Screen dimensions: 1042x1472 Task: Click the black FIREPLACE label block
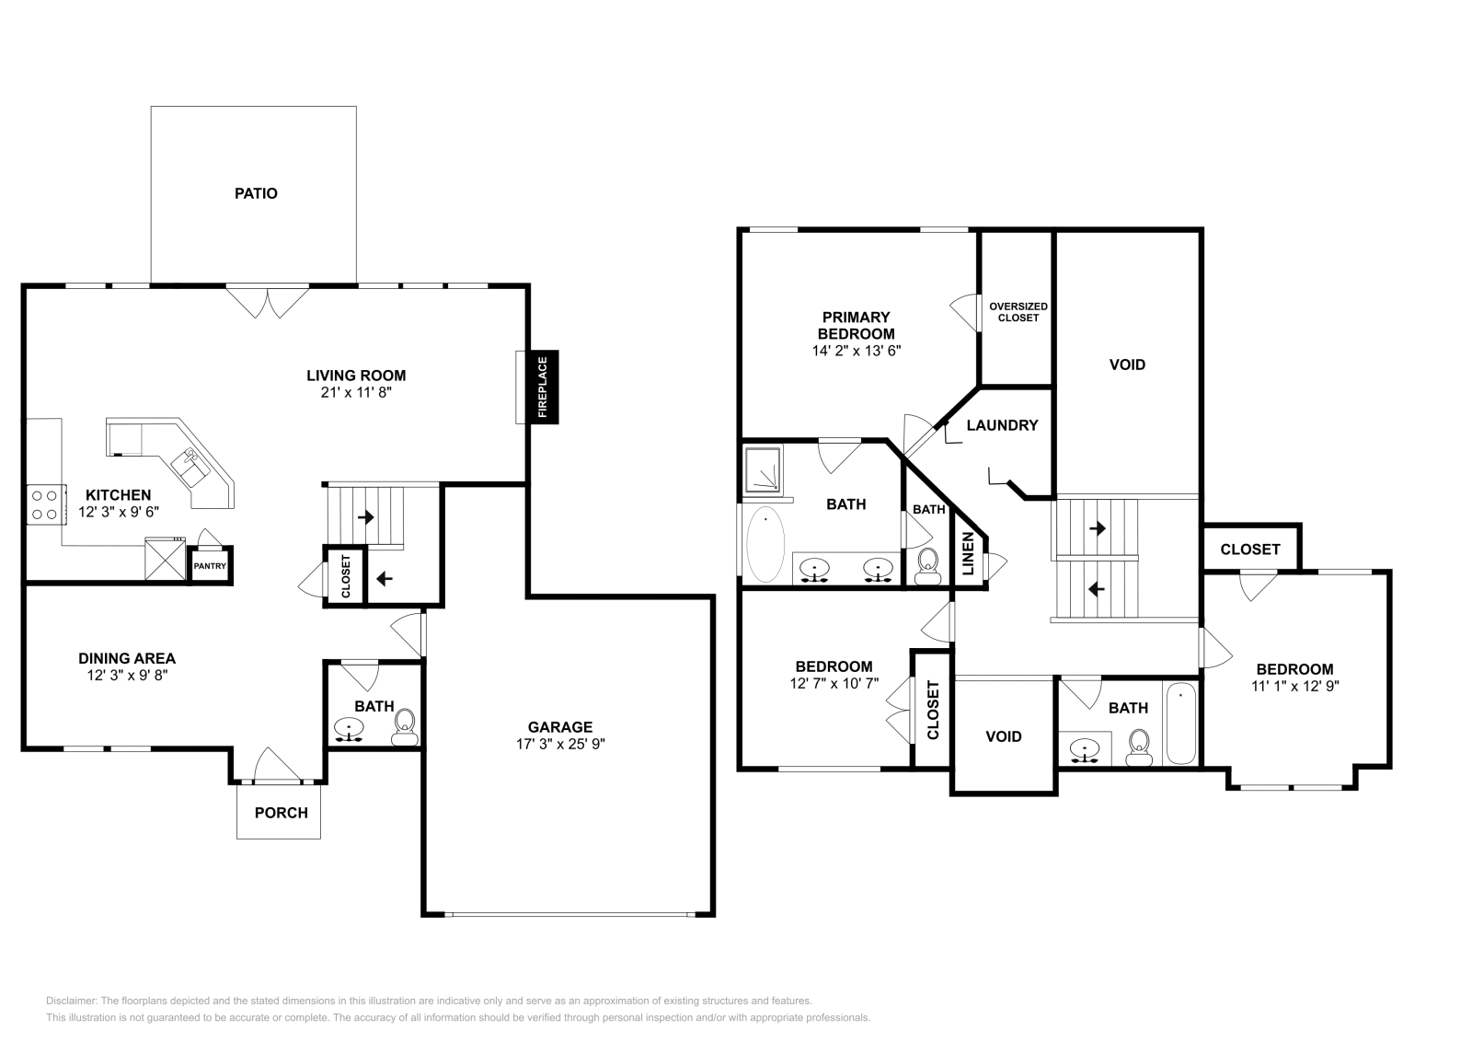(x=543, y=388)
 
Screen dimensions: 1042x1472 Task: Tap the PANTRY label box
(x=210, y=566)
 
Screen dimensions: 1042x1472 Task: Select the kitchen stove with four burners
(x=44, y=504)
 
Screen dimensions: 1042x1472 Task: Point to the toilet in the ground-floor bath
(x=404, y=727)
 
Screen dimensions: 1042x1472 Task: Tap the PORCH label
(x=281, y=813)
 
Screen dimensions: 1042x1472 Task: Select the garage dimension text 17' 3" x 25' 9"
(x=559, y=744)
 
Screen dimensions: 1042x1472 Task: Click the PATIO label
(x=256, y=193)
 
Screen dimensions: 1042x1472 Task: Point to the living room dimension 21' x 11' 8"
(x=356, y=392)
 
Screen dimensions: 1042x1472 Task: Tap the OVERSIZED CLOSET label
(x=1018, y=312)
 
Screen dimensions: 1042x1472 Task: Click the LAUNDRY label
(x=1002, y=425)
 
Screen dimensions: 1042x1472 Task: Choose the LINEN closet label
(x=968, y=554)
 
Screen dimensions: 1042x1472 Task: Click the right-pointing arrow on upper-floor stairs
(x=1097, y=529)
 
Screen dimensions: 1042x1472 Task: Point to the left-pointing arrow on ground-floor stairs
(x=384, y=579)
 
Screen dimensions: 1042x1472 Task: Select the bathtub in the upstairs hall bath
(x=1180, y=724)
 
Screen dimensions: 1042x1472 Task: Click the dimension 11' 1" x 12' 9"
(x=1294, y=686)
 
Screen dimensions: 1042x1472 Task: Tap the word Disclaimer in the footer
(x=69, y=1001)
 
